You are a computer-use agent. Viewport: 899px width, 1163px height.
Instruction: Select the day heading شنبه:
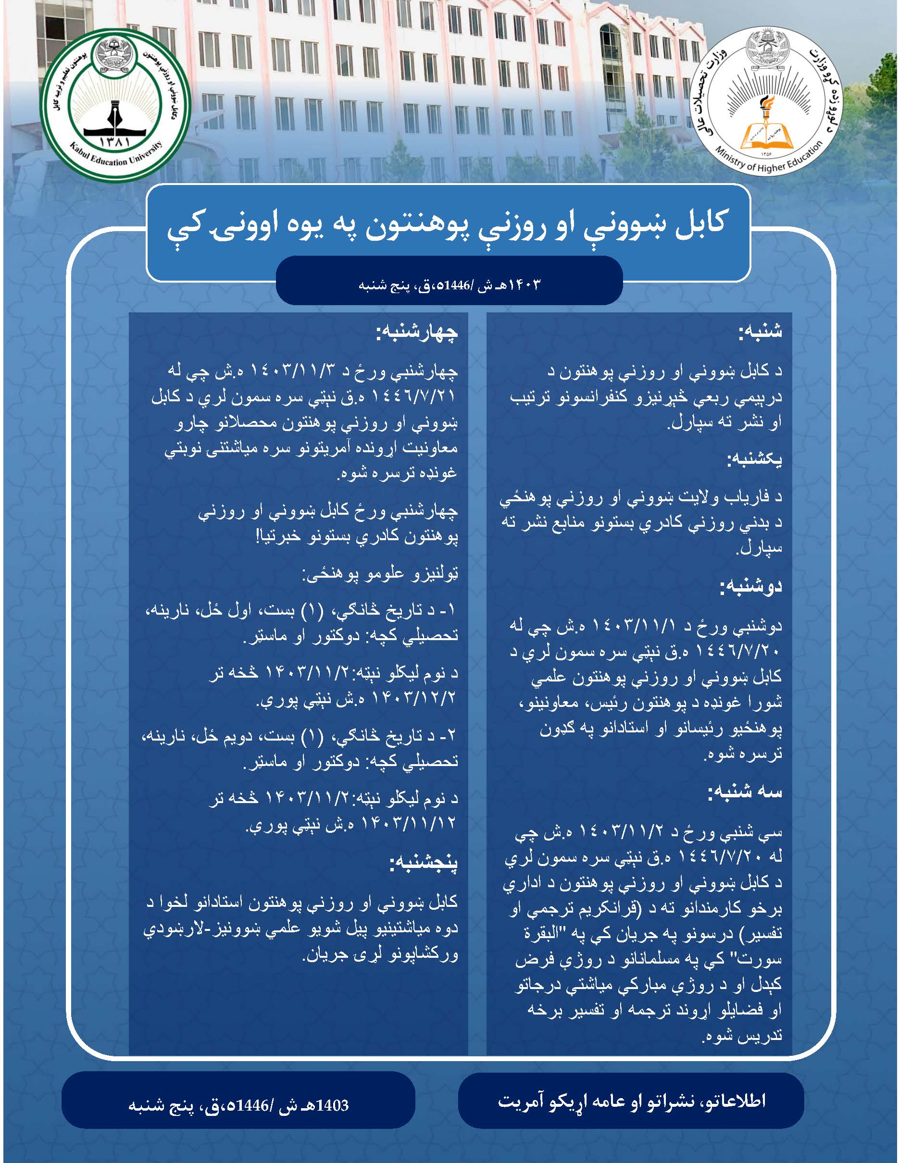tap(760, 332)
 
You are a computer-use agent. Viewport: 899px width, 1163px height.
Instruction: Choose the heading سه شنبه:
tap(745, 792)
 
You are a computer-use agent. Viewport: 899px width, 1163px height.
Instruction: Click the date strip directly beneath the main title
tap(449, 284)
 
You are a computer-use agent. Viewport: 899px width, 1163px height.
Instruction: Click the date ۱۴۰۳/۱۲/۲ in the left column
tap(409, 699)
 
